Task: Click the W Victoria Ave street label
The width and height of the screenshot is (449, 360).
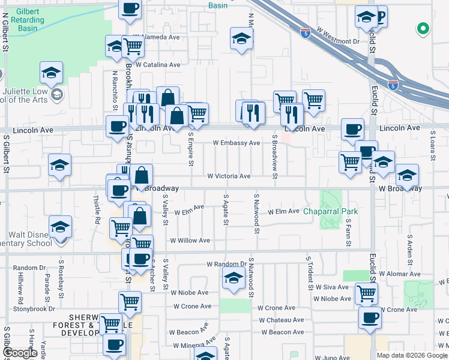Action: tap(229, 176)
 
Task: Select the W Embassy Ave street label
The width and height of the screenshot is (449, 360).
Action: tap(237, 143)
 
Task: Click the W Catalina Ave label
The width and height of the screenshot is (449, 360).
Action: tap(158, 65)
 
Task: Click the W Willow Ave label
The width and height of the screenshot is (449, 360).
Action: tap(190, 241)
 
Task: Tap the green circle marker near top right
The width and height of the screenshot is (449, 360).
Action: tap(423, 28)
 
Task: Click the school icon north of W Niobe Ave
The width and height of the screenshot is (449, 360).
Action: tap(233, 278)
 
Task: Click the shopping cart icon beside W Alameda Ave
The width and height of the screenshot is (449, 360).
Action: tap(133, 46)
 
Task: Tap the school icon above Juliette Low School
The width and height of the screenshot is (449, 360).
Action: tap(52, 73)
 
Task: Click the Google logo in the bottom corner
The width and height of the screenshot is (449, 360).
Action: tap(19, 353)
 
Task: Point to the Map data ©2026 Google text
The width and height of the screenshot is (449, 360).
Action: tap(412, 355)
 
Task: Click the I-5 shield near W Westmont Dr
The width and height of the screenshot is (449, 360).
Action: tap(306, 31)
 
